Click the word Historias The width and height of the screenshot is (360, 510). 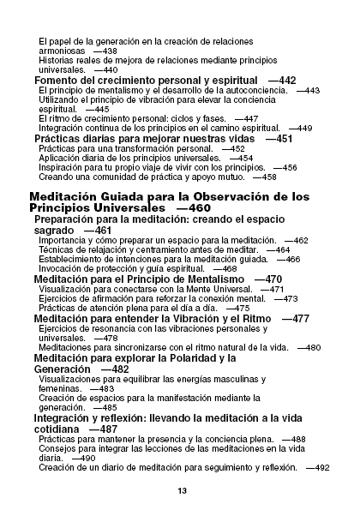click(61, 60)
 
